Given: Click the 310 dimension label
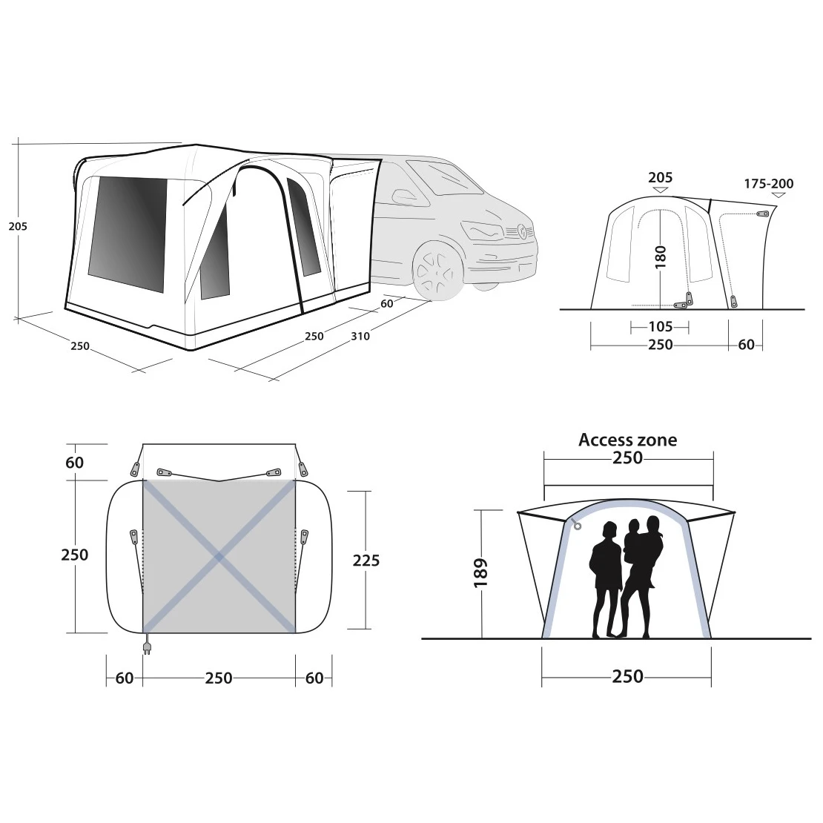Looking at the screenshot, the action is click(360, 336).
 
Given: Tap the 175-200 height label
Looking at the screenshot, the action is click(768, 184).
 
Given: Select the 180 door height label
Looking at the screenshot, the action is click(661, 257).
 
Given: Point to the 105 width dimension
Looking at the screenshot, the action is click(661, 326).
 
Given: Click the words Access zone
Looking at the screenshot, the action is click(628, 440).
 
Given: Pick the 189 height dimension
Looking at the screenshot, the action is click(480, 572).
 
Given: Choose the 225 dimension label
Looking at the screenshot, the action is click(366, 561).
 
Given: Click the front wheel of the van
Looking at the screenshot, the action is click(434, 272).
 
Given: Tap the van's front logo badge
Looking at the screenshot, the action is click(523, 230).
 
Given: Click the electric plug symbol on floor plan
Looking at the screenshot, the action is click(147, 645).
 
